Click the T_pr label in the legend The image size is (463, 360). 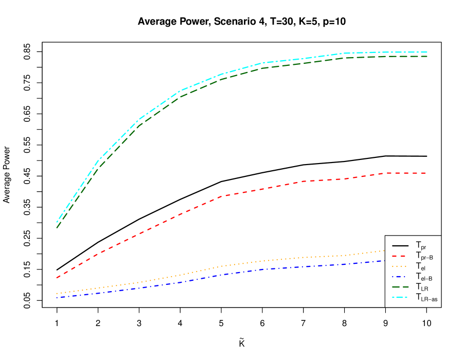421,246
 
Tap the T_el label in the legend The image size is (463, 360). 421,266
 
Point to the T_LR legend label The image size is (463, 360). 422,287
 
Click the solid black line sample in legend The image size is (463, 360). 400,245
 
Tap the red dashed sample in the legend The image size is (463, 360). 400,256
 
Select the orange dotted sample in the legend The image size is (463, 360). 400,266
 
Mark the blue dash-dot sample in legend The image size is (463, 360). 400,276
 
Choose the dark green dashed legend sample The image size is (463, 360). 400,286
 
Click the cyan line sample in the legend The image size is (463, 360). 400,297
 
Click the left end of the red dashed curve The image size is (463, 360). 57,278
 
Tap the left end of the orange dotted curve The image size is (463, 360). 57,293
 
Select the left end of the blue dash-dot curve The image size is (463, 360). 57,297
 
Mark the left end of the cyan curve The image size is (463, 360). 57,222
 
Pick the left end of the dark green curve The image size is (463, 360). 57,227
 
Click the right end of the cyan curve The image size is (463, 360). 427,52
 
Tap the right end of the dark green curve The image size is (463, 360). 427,56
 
